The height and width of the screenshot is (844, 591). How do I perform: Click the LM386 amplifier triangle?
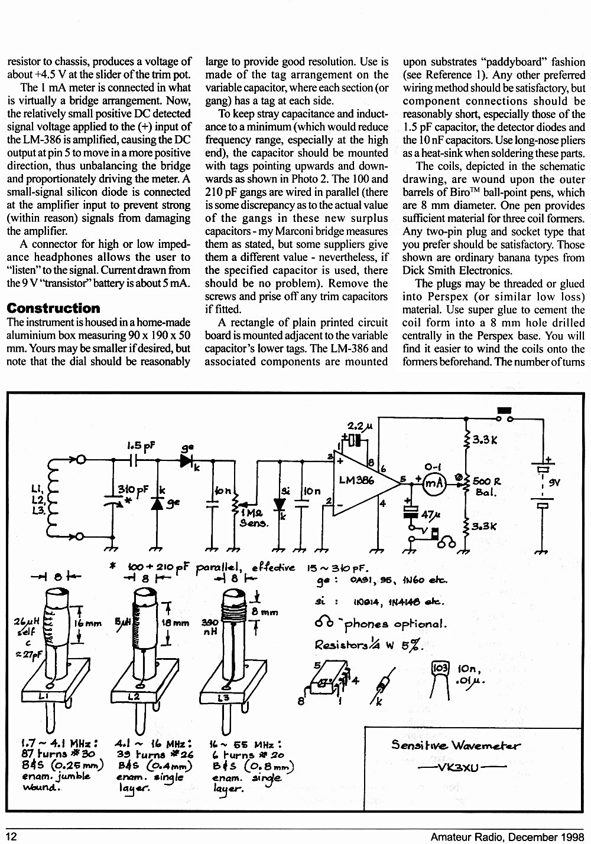362,483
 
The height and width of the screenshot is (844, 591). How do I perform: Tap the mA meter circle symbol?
434,483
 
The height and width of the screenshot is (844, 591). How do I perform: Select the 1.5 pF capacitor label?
141,446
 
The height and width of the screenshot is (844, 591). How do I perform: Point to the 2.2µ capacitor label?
360,426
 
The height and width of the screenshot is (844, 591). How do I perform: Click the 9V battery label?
554,483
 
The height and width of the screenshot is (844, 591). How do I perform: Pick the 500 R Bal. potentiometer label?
486,486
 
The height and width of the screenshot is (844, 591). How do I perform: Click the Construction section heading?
53,308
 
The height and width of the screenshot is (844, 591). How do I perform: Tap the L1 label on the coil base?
43,696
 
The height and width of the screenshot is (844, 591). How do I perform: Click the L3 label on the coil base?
223,698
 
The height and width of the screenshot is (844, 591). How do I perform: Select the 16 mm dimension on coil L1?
87,623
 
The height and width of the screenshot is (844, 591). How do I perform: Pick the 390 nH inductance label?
210,626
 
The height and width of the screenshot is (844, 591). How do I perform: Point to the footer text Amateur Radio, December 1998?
508,837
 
